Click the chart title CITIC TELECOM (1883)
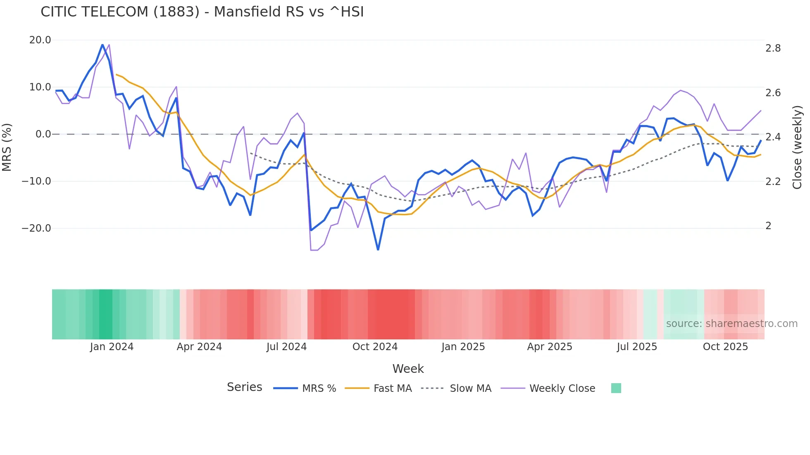pos(202,12)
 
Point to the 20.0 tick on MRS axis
pos(40,40)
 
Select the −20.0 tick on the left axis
pos(36,228)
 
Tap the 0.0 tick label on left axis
pos(43,134)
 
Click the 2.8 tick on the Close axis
pos(773,48)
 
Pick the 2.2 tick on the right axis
pos(773,182)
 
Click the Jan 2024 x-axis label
pos(112,347)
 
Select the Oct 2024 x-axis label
pos(375,347)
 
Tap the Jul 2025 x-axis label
pos(637,347)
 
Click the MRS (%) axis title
pos(7,147)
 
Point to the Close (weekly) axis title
pos(797,147)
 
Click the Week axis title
pos(408,369)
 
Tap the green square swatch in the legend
pos(616,388)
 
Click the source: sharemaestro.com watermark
pos(731,324)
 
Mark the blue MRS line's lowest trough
pos(378,249)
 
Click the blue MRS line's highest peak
pos(102,45)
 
